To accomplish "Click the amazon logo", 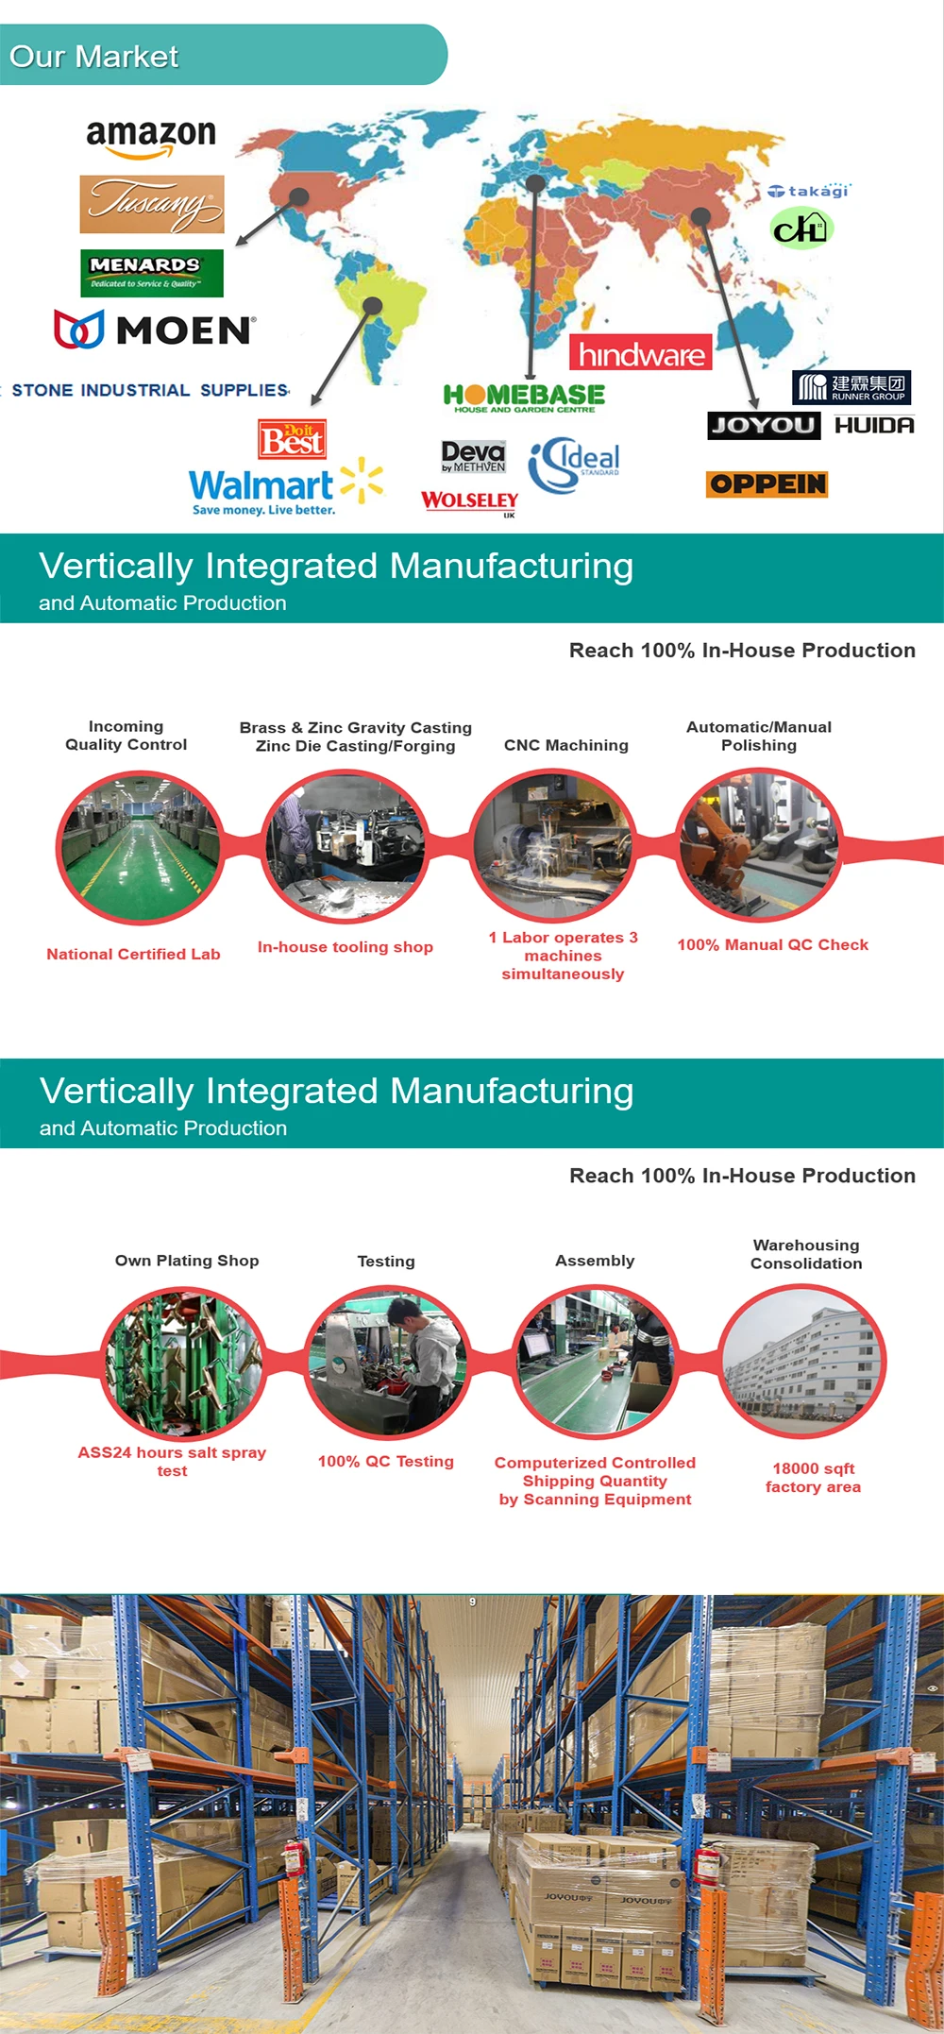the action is [151, 138].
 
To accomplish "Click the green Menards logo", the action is [152, 273].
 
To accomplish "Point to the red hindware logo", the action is [641, 353].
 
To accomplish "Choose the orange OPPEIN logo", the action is [767, 484].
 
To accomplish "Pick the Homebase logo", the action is [524, 397].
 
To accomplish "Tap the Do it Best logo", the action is [293, 438].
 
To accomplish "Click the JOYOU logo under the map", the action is [764, 425].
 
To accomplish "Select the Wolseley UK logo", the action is [470, 501].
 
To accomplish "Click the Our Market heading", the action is [94, 57].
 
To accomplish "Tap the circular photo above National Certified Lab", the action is [140, 848].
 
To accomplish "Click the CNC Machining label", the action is [565, 745].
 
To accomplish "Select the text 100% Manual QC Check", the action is [772, 945].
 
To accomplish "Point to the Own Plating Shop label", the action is [187, 1261].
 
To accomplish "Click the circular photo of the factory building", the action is [803, 1363].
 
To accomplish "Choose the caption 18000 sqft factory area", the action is [813, 1478].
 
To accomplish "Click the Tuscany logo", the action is [152, 204].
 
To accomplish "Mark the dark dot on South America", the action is [373, 305].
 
